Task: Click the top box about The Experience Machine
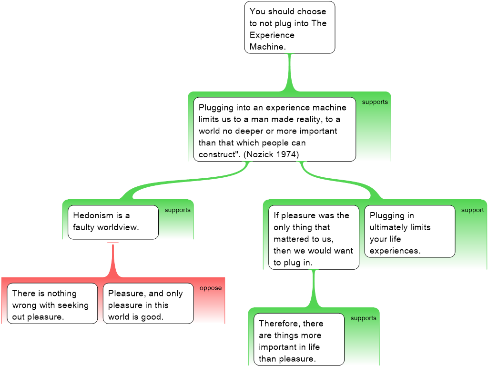(x=290, y=27)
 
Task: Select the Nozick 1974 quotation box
(x=274, y=129)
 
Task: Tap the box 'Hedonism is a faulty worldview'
(x=113, y=222)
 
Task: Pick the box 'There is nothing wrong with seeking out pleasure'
(x=52, y=304)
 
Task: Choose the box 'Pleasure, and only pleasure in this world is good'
(x=148, y=304)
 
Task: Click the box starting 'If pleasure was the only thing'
(x=314, y=237)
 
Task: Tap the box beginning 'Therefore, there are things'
(x=299, y=339)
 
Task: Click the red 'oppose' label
(x=211, y=288)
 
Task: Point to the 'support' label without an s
(x=473, y=210)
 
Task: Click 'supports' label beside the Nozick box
(x=375, y=102)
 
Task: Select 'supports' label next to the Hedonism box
(x=177, y=210)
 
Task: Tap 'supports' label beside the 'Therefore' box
(x=363, y=318)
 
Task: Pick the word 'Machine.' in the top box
(x=267, y=47)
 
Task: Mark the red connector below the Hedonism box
(x=113, y=260)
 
